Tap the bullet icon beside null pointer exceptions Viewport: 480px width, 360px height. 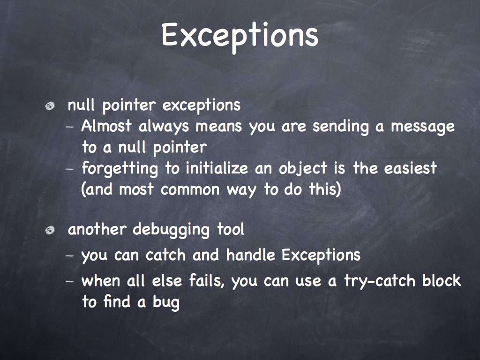(x=50, y=106)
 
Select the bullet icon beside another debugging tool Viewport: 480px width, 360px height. (x=50, y=230)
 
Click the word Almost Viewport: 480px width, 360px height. (x=106, y=126)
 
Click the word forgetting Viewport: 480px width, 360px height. (x=120, y=169)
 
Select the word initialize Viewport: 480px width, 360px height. (x=217, y=168)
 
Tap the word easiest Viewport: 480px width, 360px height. (x=410, y=168)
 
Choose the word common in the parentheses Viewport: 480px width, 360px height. (x=190, y=190)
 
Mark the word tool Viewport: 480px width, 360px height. (x=231, y=229)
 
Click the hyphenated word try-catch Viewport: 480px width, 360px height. (x=380, y=281)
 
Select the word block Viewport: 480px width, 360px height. (x=441, y=280)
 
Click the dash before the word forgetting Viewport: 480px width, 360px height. (x=70, y=169)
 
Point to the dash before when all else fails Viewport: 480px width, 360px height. (x=70, y=281)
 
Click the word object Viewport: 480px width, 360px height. (x=303, y=169)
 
